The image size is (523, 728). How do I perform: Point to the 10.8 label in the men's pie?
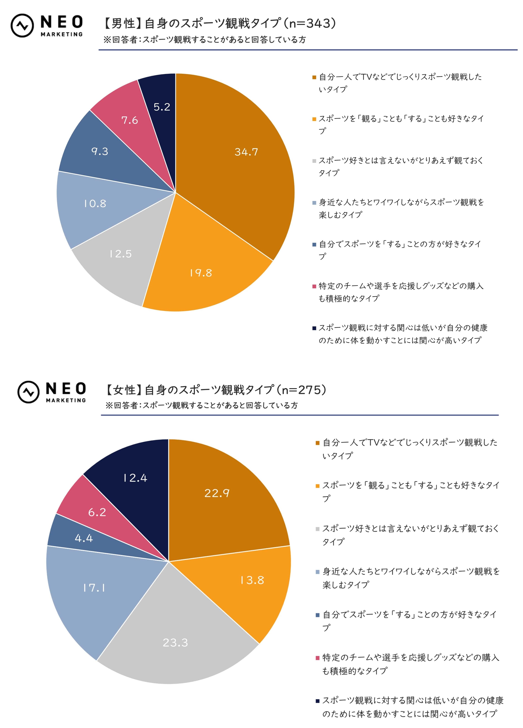pyautogui.click(x=95, y=203)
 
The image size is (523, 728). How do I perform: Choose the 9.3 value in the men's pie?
pyautogui.click(x=100, y=151)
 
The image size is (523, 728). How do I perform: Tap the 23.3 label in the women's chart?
pyautogui.click(x=175, y=642)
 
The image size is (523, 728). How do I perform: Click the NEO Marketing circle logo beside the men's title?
pyautogui.click(x=22, y=26)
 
